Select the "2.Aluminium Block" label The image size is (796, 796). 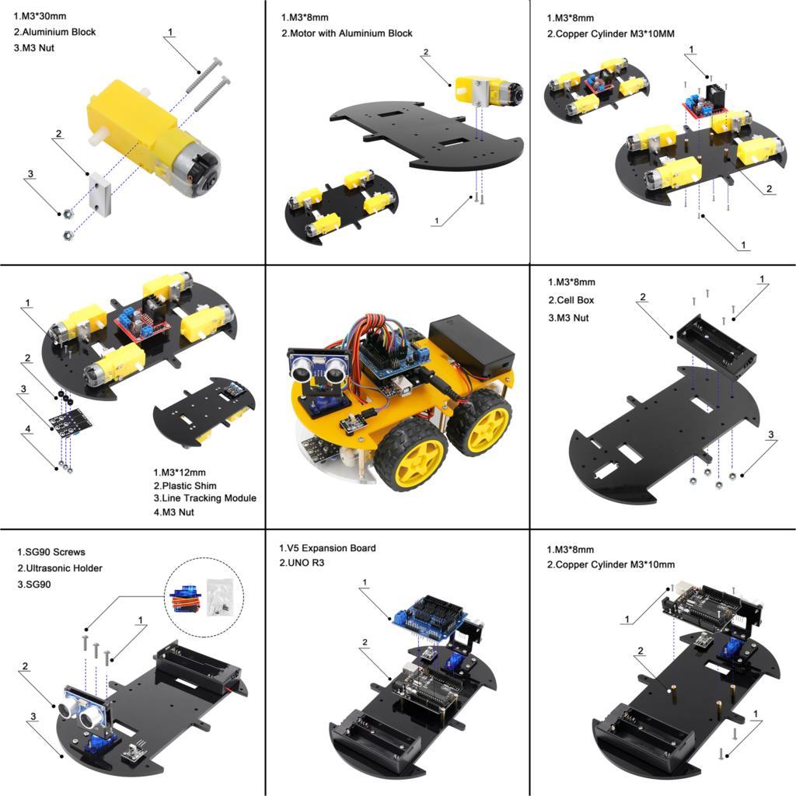point(55,33)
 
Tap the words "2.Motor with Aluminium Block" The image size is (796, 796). point(347,33)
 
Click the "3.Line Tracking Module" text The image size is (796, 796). point(204,498)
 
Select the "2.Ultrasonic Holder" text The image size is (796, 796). point(60,568)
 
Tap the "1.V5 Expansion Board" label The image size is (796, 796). point(326,548)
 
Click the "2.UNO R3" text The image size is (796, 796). point(302,563)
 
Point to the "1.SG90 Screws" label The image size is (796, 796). point(51,552)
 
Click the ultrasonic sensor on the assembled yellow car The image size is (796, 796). point(319,367)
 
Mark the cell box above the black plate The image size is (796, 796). point(716,345)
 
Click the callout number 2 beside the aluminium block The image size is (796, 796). point(59,134)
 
